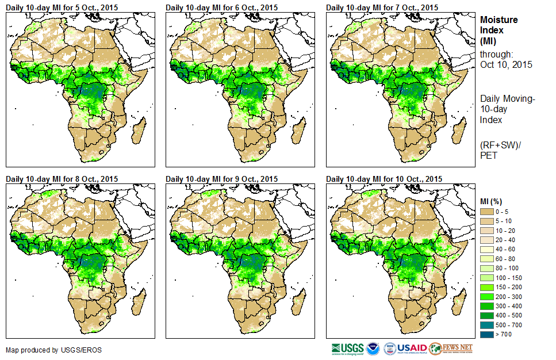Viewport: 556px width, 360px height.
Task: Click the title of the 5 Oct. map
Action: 61,7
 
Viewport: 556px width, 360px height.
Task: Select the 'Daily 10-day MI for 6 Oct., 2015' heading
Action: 221,7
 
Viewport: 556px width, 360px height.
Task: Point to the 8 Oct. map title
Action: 61,179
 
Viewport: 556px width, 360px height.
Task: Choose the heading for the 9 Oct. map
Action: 221,179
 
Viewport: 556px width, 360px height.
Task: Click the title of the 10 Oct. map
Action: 383,179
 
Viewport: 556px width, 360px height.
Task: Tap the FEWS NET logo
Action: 451,348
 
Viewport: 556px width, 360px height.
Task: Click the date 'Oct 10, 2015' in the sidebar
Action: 506,64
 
